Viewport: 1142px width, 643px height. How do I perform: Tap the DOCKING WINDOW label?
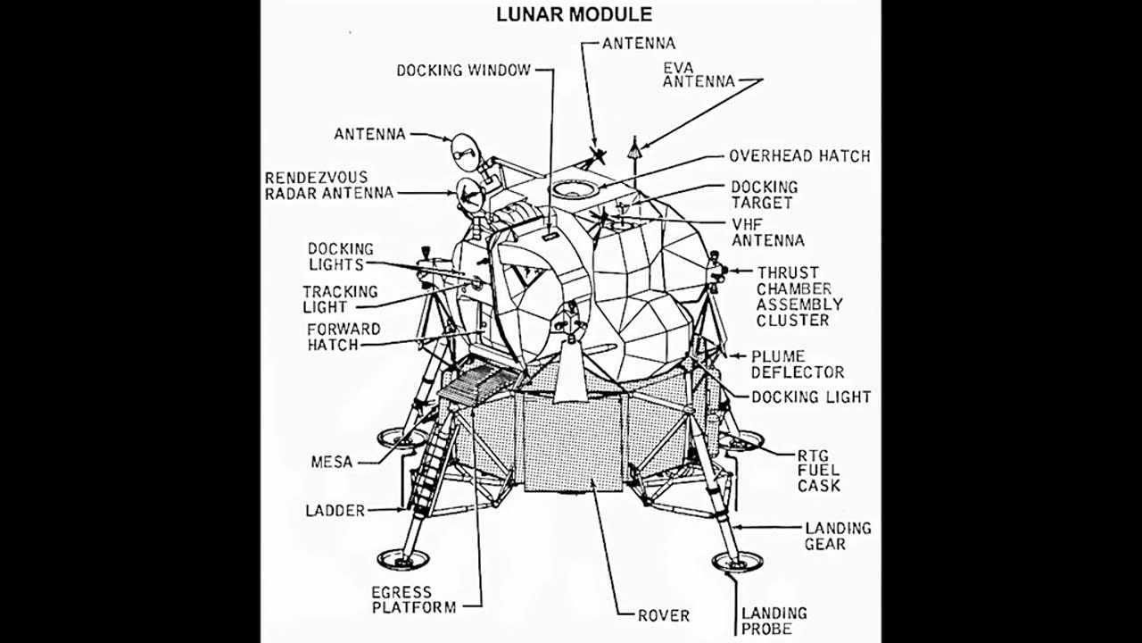463,70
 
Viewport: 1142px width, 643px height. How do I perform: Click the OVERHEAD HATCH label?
799,156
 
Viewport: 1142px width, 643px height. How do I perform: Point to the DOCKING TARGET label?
764,195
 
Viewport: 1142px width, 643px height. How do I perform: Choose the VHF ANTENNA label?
767,231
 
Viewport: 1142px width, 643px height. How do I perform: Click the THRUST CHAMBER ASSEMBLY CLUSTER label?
799,296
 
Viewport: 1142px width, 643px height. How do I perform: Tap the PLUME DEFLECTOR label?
797,363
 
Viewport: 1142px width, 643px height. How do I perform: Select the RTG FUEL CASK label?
818,471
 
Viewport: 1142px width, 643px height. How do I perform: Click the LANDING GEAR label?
838,536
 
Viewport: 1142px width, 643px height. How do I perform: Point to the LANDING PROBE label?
774,621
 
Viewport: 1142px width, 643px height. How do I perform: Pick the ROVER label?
663,615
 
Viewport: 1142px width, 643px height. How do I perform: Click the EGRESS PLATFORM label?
413,599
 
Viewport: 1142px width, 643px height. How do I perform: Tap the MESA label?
332,462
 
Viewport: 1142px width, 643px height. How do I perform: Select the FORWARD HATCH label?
343,337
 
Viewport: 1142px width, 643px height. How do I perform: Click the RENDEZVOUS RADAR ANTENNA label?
328,185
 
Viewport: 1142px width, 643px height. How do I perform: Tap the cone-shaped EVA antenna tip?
633,150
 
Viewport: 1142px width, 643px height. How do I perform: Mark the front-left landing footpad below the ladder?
402,560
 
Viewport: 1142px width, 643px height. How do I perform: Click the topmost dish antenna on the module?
465,151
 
